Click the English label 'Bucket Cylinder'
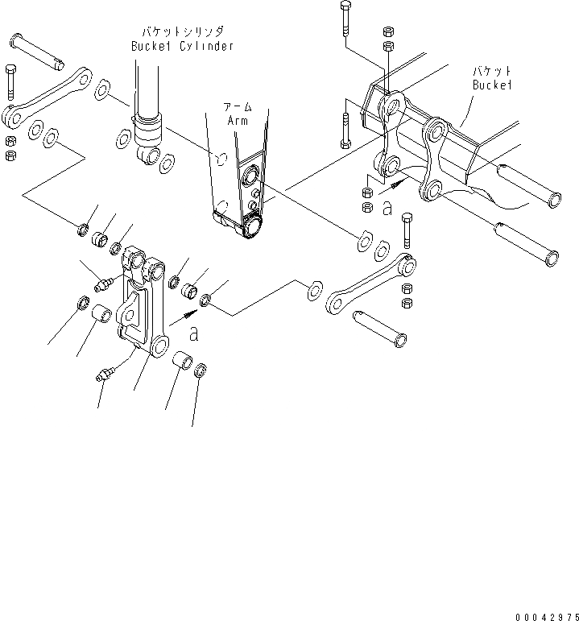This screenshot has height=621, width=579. (182, 46)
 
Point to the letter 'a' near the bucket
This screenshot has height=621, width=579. (387, 209)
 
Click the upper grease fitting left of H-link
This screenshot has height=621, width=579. (104, 284)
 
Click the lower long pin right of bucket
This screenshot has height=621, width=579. (524, 242)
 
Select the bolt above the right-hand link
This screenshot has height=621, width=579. (406, 231)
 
